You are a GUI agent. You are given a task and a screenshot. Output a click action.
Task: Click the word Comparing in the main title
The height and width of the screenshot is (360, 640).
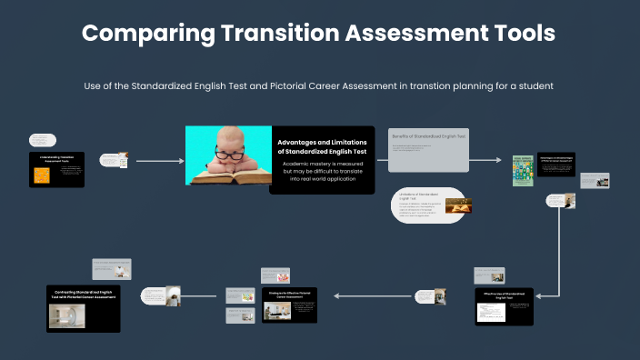pyautogui.click(x=147, y=34)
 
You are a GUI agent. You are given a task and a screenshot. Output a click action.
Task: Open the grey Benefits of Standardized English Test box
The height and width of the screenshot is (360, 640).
pyautogui.click(x=429, y=149)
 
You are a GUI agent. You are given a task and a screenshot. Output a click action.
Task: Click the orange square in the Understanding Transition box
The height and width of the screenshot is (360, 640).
pyautogui.click(x=41, y=176)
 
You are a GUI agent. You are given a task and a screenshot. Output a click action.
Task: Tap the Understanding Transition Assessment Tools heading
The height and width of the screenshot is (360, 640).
pyautogui.click(x=56, y=158)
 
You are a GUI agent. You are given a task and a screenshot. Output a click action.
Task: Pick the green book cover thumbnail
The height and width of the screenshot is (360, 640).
pyautogui.click(x=521, y=170)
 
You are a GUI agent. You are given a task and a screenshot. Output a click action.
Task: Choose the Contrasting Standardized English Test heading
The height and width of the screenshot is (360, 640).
pyautogui.click(x=83, y=295)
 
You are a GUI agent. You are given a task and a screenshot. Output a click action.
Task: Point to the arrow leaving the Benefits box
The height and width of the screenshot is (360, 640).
pyautogui.click(x=486, y=160)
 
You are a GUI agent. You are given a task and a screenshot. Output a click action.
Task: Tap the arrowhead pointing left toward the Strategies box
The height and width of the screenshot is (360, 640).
pyautogui.click(x=338, y=295)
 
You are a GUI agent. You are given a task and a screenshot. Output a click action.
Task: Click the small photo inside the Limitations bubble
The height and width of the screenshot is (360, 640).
pyautogui.click(x=456, y=209)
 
